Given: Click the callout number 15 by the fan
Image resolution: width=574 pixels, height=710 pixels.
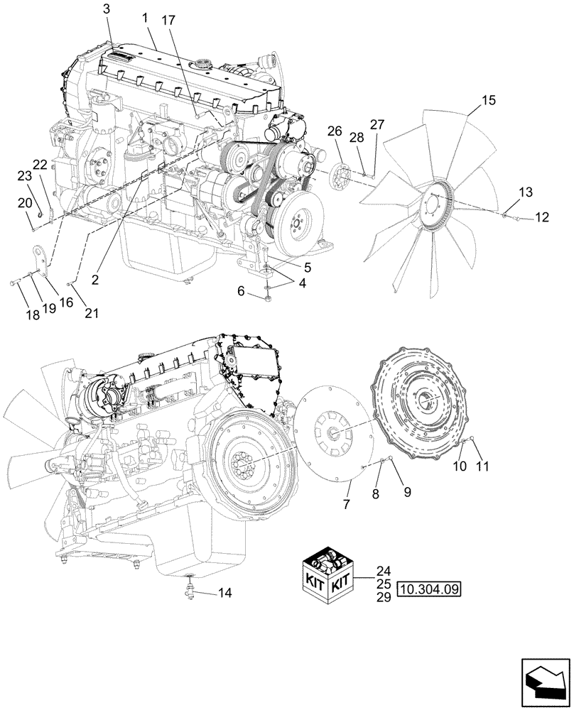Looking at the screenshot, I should [x=489, y=101].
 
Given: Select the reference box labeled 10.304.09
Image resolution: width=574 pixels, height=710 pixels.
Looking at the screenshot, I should [x=430, y=589].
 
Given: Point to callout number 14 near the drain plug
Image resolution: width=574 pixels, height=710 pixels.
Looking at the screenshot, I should [x=225, y=593].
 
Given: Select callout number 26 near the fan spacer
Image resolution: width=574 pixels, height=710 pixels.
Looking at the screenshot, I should [x=335, y=131].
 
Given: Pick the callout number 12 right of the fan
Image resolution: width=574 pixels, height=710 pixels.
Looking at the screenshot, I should [x=541, y=218].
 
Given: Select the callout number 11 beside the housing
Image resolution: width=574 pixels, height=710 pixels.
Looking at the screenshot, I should [x=483, y=466].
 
